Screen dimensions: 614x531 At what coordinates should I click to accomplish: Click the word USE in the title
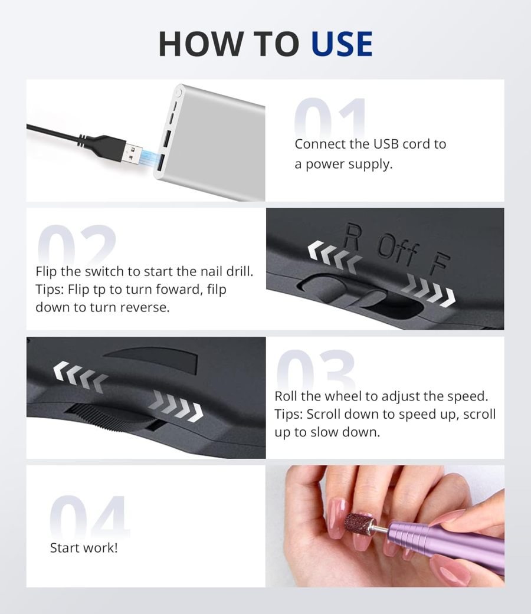coord(342,44)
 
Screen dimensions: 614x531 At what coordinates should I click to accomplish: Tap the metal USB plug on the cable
coord(137,151)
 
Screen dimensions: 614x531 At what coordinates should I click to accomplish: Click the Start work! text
coord(84,547)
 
